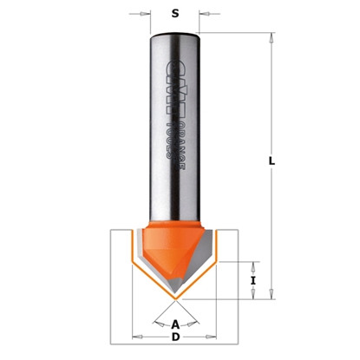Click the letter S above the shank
coord(175,15)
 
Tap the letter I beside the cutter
coord(252,280)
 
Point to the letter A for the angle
coord(176,324)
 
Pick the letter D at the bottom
coord(176,337)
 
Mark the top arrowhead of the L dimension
coord(272,38)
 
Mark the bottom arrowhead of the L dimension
coord(272,291)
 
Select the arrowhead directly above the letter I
coord(252,264)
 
